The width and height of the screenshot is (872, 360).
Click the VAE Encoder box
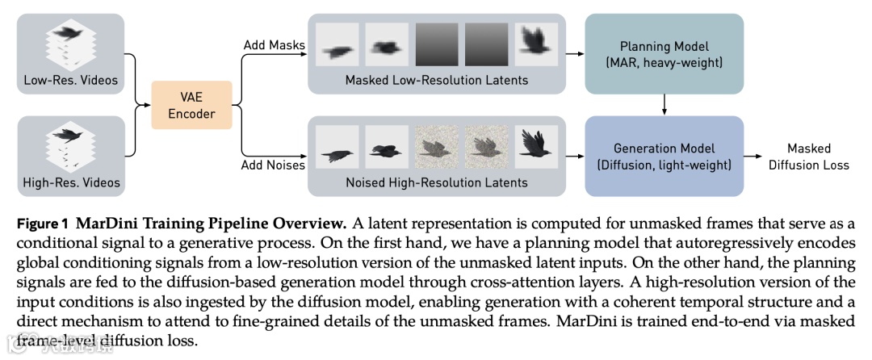(x=191, y=105)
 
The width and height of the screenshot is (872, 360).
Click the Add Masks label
(x=275, y=44)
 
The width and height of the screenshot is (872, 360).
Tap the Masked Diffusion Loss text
(x=808, y=157)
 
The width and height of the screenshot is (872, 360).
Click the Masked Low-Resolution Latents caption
(x=437, y=80)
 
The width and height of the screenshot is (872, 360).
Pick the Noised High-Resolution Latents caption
(x=437, y=182)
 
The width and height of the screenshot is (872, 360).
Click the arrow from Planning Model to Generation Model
(x=663, y=103)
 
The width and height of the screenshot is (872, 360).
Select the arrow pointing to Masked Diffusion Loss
(x=758, y=157)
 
